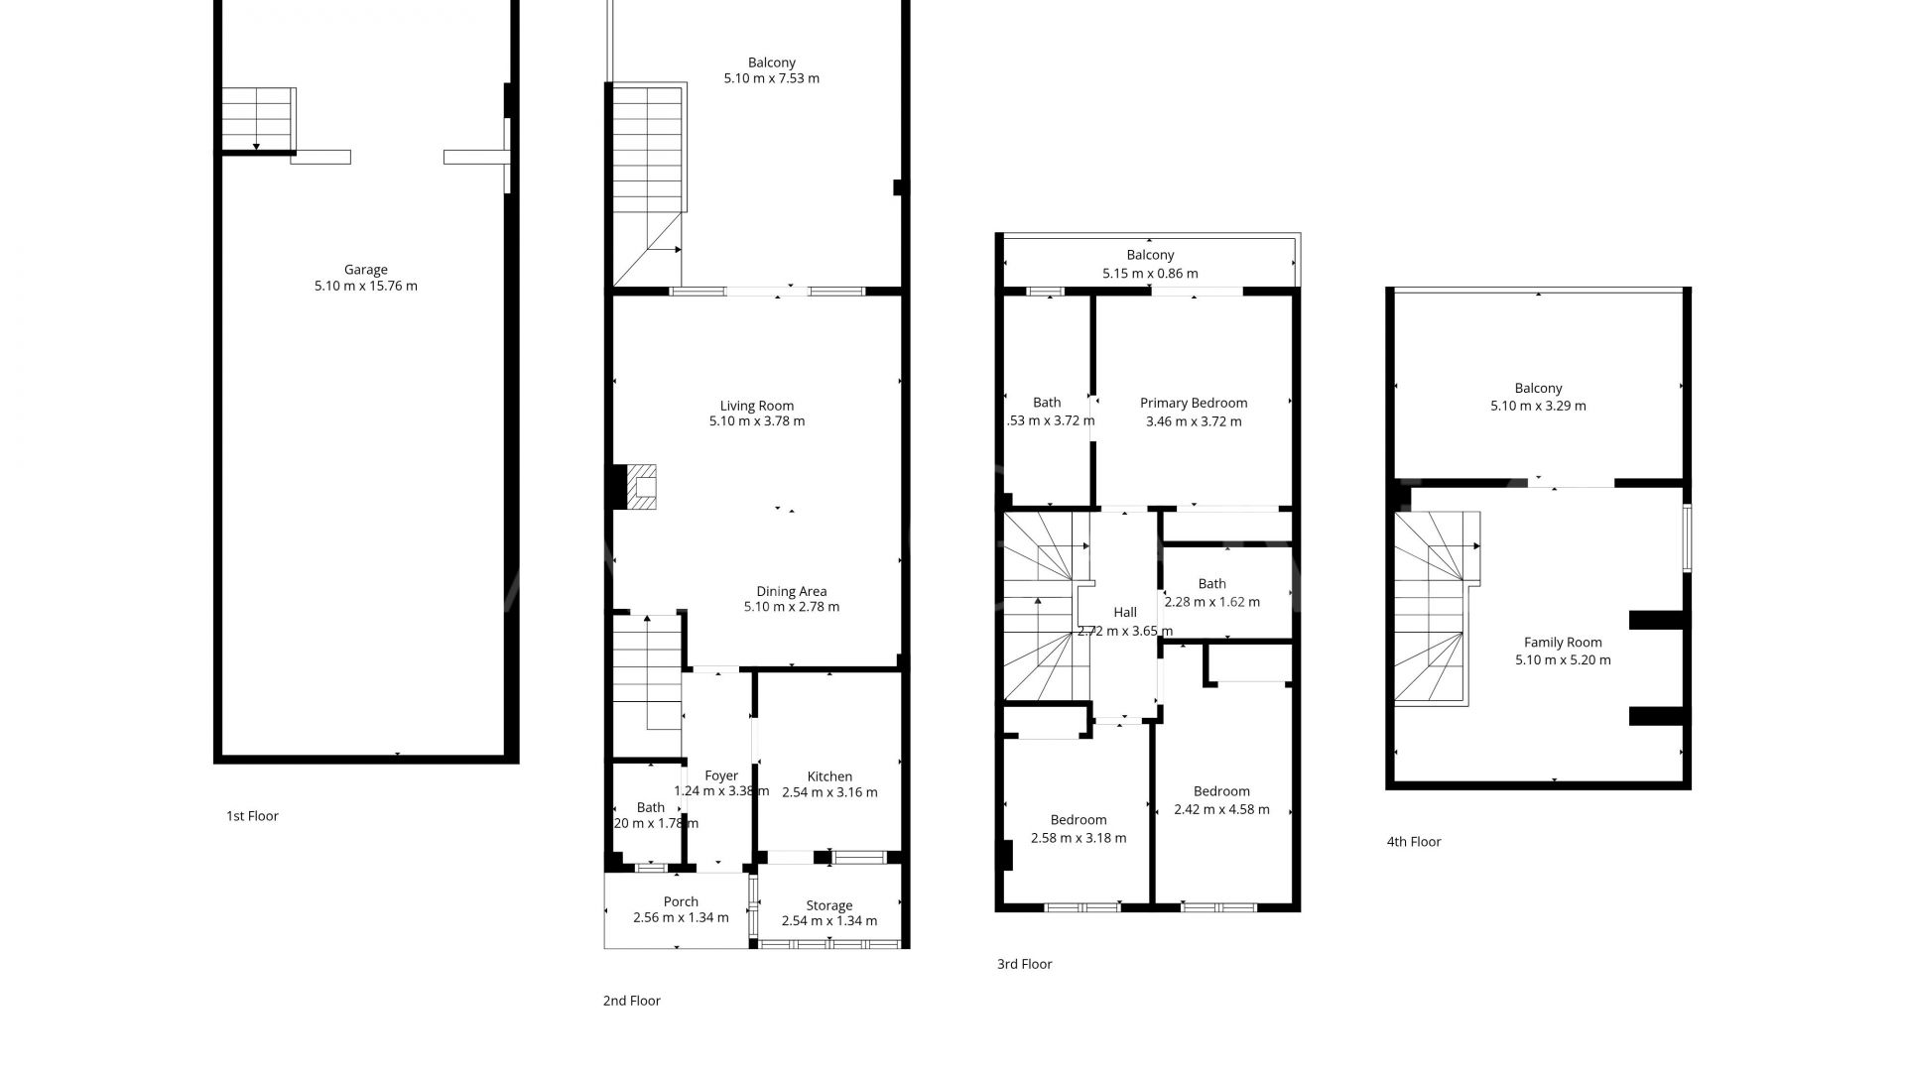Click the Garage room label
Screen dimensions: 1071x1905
[x=365, y=269]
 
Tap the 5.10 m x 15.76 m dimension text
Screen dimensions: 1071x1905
[x=365, y=287]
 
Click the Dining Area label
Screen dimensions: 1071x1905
[x=791, y=591]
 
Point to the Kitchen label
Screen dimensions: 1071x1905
[x=828, y=776]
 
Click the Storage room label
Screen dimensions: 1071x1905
[x=828, y=905]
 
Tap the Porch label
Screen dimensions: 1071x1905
[x=681, y=901]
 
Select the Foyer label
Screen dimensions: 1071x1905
[x=721, y=775]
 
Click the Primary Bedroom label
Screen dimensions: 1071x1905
[x=1193, y=403]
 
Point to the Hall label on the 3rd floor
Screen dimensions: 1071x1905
[x=1124, y=612]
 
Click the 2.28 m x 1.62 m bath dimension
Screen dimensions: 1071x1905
[x=1211, y=602]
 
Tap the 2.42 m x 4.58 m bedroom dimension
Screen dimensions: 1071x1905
[x=1221, y=809]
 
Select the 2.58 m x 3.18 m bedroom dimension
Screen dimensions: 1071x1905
[x=1079, y=838]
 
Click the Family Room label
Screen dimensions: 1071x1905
[x=1563, y=642]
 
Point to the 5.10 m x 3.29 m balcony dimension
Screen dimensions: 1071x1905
[x=1538, y=406]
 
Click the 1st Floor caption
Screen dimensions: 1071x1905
[x=252, y=816]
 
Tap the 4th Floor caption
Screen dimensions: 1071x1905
[x=1413, y=842]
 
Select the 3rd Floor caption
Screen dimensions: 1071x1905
[x=1024, y=964]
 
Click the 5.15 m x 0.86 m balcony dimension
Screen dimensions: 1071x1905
[x=1150, y=274]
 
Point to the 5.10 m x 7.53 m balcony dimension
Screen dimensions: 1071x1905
[x=771, y=78]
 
